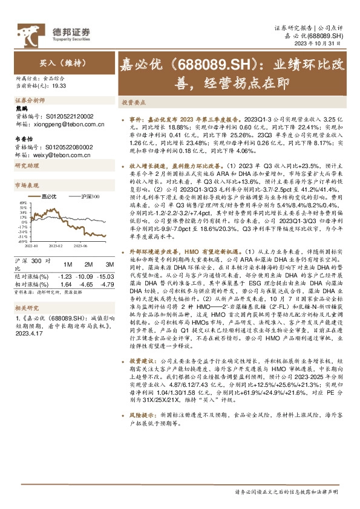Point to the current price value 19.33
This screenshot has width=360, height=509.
[x=59, y=86]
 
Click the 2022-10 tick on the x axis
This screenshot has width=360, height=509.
[x=31, y=245]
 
